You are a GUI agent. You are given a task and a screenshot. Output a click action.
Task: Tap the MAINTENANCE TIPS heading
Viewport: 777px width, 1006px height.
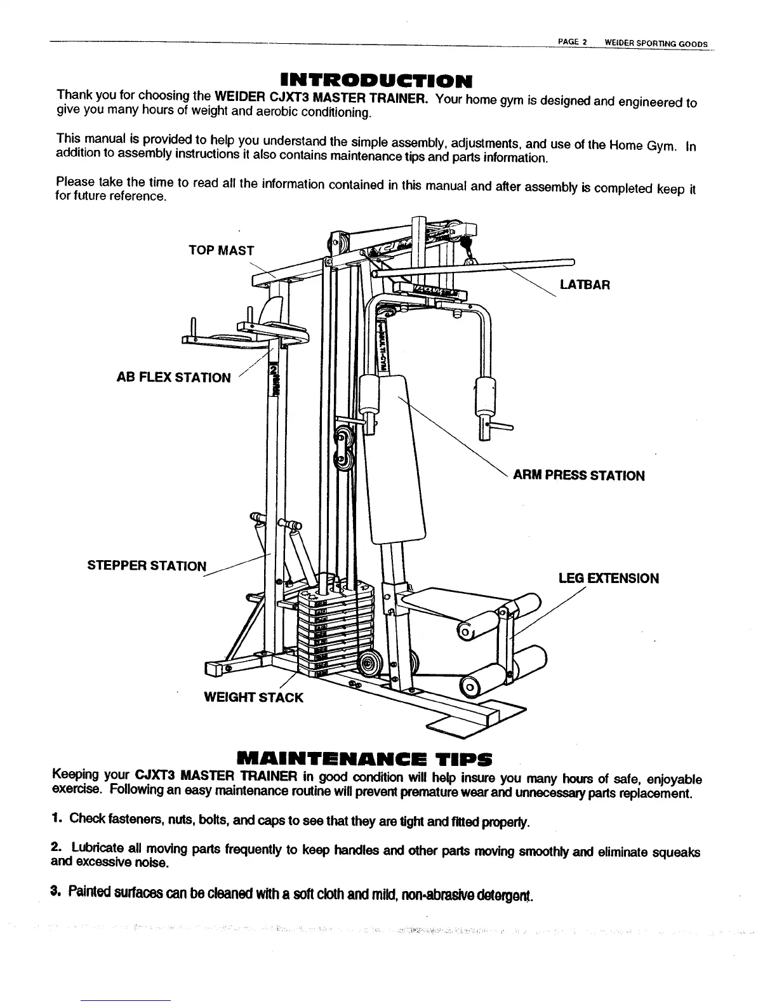click(364, 759)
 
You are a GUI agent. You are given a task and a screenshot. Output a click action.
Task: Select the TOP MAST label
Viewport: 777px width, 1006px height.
click(221, 250)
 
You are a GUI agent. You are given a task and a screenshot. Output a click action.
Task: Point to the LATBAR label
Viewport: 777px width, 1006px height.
click(585, 285)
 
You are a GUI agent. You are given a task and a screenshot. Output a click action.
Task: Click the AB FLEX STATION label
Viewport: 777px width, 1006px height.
click(174, 378)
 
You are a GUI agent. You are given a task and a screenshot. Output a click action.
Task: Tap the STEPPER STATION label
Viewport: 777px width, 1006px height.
click(147, 565)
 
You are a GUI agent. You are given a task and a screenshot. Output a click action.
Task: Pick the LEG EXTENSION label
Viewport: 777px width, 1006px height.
click(608, 578)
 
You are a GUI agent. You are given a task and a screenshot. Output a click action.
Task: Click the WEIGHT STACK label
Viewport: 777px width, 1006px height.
click(253, 697)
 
